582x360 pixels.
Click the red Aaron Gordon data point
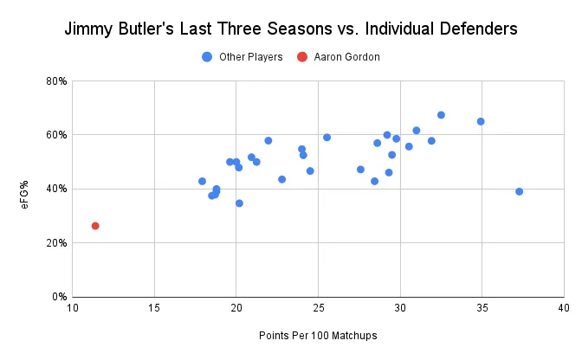[95, 226]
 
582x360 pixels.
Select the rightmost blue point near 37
[519, 191]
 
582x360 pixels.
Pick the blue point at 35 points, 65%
[481, 121]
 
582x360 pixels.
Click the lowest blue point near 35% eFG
[239, 203]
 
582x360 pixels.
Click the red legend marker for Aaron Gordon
[301, 57]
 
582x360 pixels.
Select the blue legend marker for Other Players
[207, 57]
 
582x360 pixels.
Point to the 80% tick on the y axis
[57, 81]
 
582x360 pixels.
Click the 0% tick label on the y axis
[60, 297]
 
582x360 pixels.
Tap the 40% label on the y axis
[57, 189]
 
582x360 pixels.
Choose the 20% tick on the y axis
[57, 243]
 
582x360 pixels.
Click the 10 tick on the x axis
[73, 307]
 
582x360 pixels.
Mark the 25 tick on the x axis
[318, 307]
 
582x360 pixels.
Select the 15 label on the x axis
[154, 307]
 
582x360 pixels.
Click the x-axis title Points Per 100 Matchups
[318, 335]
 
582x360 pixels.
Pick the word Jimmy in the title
[91, 29]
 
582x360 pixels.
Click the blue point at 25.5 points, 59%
[327, 138]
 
